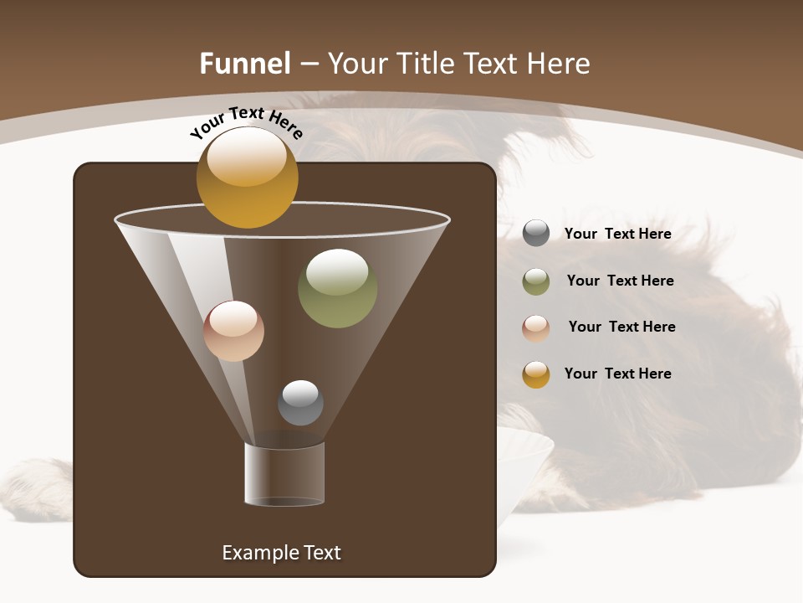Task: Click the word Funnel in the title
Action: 245,64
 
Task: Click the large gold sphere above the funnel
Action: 247,178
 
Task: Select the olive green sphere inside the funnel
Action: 337,288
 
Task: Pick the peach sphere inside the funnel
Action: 233,331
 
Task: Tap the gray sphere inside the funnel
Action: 300,402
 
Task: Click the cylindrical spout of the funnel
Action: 284,474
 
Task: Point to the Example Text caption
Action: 281,553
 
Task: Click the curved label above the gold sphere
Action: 246,122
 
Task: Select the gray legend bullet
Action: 536,234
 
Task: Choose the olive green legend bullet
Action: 536,281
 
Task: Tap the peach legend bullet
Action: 536,327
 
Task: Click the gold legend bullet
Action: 536,374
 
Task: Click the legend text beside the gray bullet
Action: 617,234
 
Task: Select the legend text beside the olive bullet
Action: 620,281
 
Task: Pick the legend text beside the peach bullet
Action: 621,327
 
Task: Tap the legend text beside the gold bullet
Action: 617,374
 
